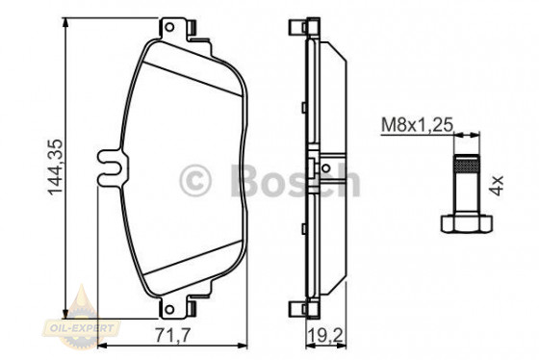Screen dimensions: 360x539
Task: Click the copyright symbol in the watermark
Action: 195,179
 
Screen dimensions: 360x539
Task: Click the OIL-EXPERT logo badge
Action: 89,311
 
